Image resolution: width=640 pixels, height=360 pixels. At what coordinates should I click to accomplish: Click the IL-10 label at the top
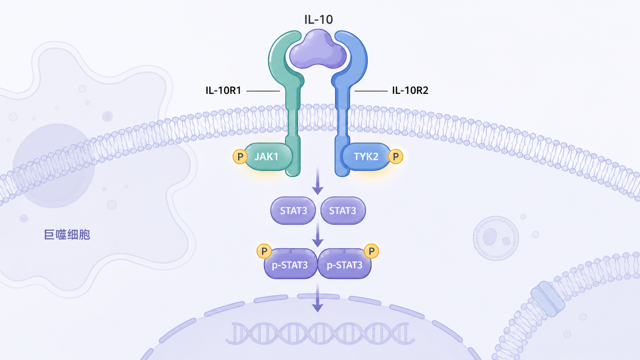point(318,20)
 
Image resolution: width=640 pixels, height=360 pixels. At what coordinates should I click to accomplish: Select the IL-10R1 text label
point(223,91)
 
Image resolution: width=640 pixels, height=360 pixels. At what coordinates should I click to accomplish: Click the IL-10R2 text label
point(410,91)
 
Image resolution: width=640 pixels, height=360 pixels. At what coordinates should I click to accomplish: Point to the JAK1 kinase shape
point(268,157)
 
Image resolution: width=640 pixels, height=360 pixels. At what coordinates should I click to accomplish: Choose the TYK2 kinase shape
point(366,157)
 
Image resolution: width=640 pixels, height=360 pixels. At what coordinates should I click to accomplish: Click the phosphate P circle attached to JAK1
point(240,156)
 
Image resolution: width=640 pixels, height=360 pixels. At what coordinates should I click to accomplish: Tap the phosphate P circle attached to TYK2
point(396,156)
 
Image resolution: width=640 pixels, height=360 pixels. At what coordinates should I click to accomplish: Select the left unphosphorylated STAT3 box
point(293,211)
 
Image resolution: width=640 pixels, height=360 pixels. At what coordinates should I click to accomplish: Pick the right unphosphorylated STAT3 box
point(343,211)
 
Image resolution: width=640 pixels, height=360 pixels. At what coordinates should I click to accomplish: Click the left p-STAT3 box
point(290,264)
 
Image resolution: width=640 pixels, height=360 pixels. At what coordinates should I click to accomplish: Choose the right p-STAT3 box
point(344,264)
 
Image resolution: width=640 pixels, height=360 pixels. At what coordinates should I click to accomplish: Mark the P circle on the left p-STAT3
point(264,251)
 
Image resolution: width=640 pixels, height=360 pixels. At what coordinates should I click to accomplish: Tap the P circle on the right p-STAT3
point(371,251)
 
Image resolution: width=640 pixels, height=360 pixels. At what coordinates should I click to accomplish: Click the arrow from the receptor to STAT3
point(318,182)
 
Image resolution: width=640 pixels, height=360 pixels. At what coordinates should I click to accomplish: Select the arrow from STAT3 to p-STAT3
point(318,234)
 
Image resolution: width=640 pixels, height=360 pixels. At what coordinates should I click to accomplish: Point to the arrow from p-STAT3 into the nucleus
point(317,298)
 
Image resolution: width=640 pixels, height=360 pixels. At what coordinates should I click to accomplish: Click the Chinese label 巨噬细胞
point(67,235)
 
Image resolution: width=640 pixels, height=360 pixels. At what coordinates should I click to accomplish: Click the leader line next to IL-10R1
point(263,91)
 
